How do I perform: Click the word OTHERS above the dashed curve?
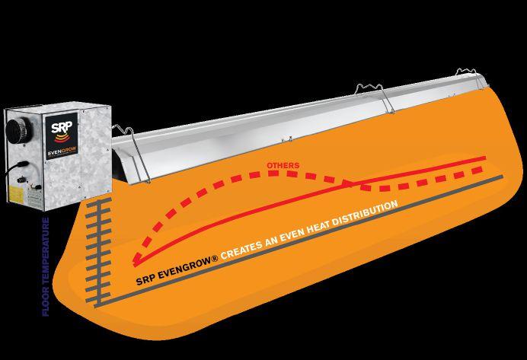click(x=283, y=165)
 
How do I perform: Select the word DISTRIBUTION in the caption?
click(x=366, y=214)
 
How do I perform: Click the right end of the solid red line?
click(x=485, y=158)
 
